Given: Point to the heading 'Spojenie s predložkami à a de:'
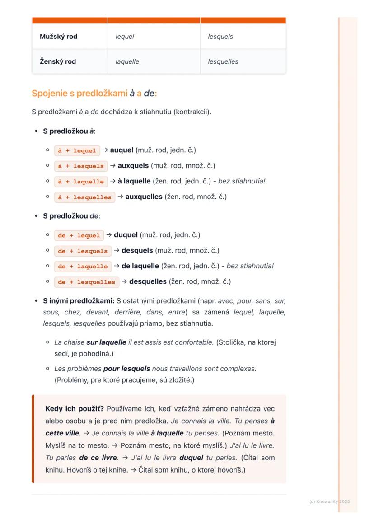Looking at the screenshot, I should coord(94,94).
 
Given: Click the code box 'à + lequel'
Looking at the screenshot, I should coord(77,150).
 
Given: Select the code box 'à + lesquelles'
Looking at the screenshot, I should coord(84,197).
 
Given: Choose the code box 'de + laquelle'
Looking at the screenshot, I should coord(83,267).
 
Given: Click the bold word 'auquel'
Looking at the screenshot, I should coord(122,150).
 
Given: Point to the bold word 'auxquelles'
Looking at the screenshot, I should coord(144,197).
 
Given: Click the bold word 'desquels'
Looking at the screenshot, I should coord(137,250).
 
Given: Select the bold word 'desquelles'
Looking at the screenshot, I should coord(148,281).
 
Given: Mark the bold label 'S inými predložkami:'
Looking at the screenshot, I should coord(79,300).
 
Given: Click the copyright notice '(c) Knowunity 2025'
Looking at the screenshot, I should coord(329,501).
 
